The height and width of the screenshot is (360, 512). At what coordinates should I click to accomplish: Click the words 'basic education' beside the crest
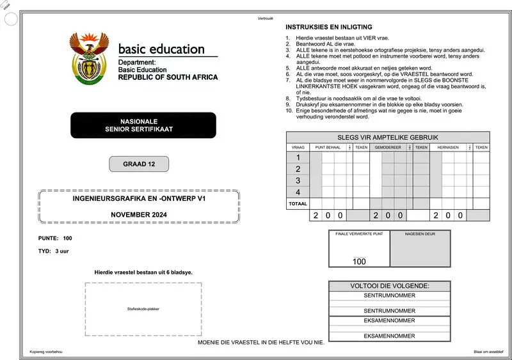[x=161, y=50]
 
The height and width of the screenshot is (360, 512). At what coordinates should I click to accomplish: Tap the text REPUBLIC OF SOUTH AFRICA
[x=168, y=77]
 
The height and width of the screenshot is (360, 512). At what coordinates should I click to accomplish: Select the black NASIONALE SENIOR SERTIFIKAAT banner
[x=143, y=125]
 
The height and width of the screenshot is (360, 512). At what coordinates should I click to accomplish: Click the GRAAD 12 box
[x=139, y=164]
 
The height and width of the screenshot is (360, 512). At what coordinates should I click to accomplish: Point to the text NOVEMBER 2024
[x=139, y=215]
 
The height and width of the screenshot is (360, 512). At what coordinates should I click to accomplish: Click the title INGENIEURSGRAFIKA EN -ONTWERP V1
[x=139, y=200]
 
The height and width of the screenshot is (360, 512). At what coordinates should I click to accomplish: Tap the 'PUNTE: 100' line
[x=55, y=238]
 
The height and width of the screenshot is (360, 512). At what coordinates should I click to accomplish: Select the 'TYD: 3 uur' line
[x=54, y=251]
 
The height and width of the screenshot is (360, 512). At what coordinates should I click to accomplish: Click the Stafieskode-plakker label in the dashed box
[x=143, y=309]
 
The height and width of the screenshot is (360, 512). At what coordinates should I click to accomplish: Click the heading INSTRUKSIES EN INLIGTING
[x=328, y=27]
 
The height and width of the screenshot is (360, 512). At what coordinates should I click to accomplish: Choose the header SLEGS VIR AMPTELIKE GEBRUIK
[x=388, y=137]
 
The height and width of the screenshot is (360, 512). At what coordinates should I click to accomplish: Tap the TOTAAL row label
[x=298, y=204]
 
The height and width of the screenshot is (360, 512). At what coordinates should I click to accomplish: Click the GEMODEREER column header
[x=388, y=147]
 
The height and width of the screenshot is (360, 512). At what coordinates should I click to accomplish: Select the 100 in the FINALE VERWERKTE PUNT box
[x=359, y=262]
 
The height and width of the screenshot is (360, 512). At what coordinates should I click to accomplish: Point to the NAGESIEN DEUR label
[x=420, y=235]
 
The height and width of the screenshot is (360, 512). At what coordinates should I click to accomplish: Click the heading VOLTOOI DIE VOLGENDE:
[x=389, y=286]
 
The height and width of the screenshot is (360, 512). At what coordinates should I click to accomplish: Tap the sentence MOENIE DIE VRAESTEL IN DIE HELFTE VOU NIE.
[x=261, y=342]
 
